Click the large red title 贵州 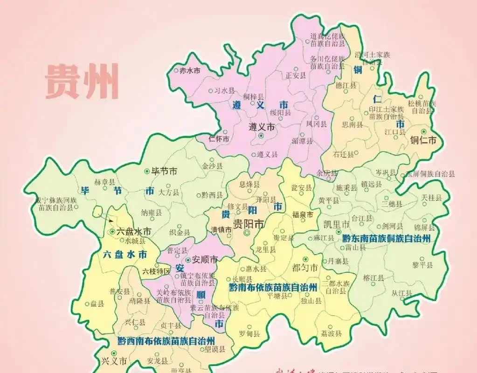82,82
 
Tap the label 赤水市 189,71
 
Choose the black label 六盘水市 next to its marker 134,231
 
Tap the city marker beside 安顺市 188,260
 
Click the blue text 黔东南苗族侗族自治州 386,238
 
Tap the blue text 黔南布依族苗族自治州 273,287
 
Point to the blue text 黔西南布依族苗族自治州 166,340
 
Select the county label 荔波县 332,334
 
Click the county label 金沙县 212,166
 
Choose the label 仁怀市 219,139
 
